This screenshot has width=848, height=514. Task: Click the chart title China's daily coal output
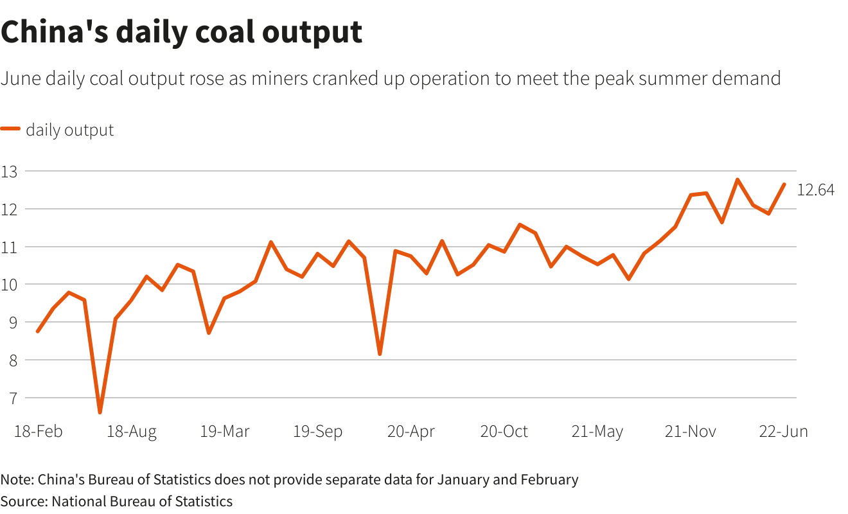pyautogui.click(x=182, y=32)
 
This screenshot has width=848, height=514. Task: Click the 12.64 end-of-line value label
pyautogui.click(x=815, y=190)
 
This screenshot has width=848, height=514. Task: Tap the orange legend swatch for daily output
pyautogui.click(x=10, y=130)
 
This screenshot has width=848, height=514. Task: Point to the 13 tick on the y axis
pyautogui.click(x=9, y=172)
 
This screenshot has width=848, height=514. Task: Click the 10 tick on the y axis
pyautogui.click(x=9, y=285)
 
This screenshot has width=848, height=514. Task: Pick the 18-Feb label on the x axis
pyautogui.click(x=39, y=432)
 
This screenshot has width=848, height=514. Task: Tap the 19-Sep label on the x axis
pyautogui.click(x=318, y=432)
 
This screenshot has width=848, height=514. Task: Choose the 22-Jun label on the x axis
pyautogui.click(x=784, y=432)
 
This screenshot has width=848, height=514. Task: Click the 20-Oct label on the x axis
pyautogui.click(x=504, y=432)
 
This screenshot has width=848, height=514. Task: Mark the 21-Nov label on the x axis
pyautogui.click(x=691, y=432)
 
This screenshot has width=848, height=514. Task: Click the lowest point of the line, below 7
pyautogui.click(x=100, y=412)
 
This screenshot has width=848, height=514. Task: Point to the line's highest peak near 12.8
pyautogui.click(x=738, y=180)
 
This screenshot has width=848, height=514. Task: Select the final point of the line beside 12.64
pyautogui.click(x=784, y=184)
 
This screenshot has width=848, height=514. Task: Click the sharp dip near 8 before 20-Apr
pyautogui.click(x=380, y=354)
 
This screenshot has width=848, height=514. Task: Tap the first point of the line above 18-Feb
pyautogui.click(x=38, y=332)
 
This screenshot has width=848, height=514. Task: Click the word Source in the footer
pyautogui.click(x=22, y=501)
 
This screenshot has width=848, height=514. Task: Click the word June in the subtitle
pyautogui.click(x=18, y=79)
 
